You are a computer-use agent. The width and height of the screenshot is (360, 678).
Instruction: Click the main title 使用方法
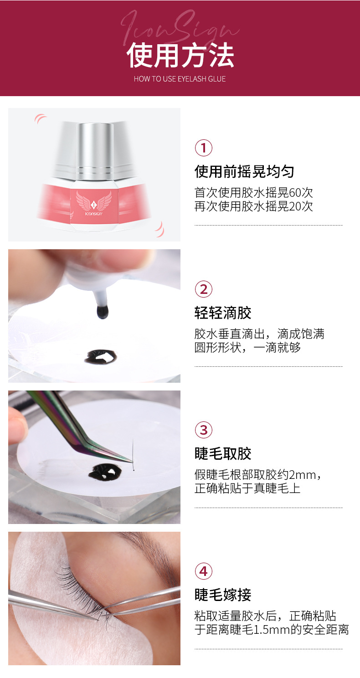[180, 56]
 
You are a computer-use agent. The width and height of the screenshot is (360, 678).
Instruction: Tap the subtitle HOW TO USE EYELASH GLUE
[180, 79]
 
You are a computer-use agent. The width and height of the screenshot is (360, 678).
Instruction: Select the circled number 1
[204, 148]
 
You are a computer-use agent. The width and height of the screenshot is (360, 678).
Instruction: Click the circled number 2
[204, 289]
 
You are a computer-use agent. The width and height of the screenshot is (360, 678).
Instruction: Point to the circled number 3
[204, 430]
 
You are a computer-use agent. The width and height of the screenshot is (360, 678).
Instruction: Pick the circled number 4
[204, 571]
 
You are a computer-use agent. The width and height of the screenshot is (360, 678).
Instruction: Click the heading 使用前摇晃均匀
[244, 172]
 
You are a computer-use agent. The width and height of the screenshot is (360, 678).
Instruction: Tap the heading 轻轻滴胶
[223, 313]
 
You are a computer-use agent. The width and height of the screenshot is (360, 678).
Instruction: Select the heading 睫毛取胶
[223, 454]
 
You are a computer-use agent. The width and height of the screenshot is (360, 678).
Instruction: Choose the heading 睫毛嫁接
[223, 595]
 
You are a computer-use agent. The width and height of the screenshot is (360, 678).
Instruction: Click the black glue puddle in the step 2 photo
[101, 356]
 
